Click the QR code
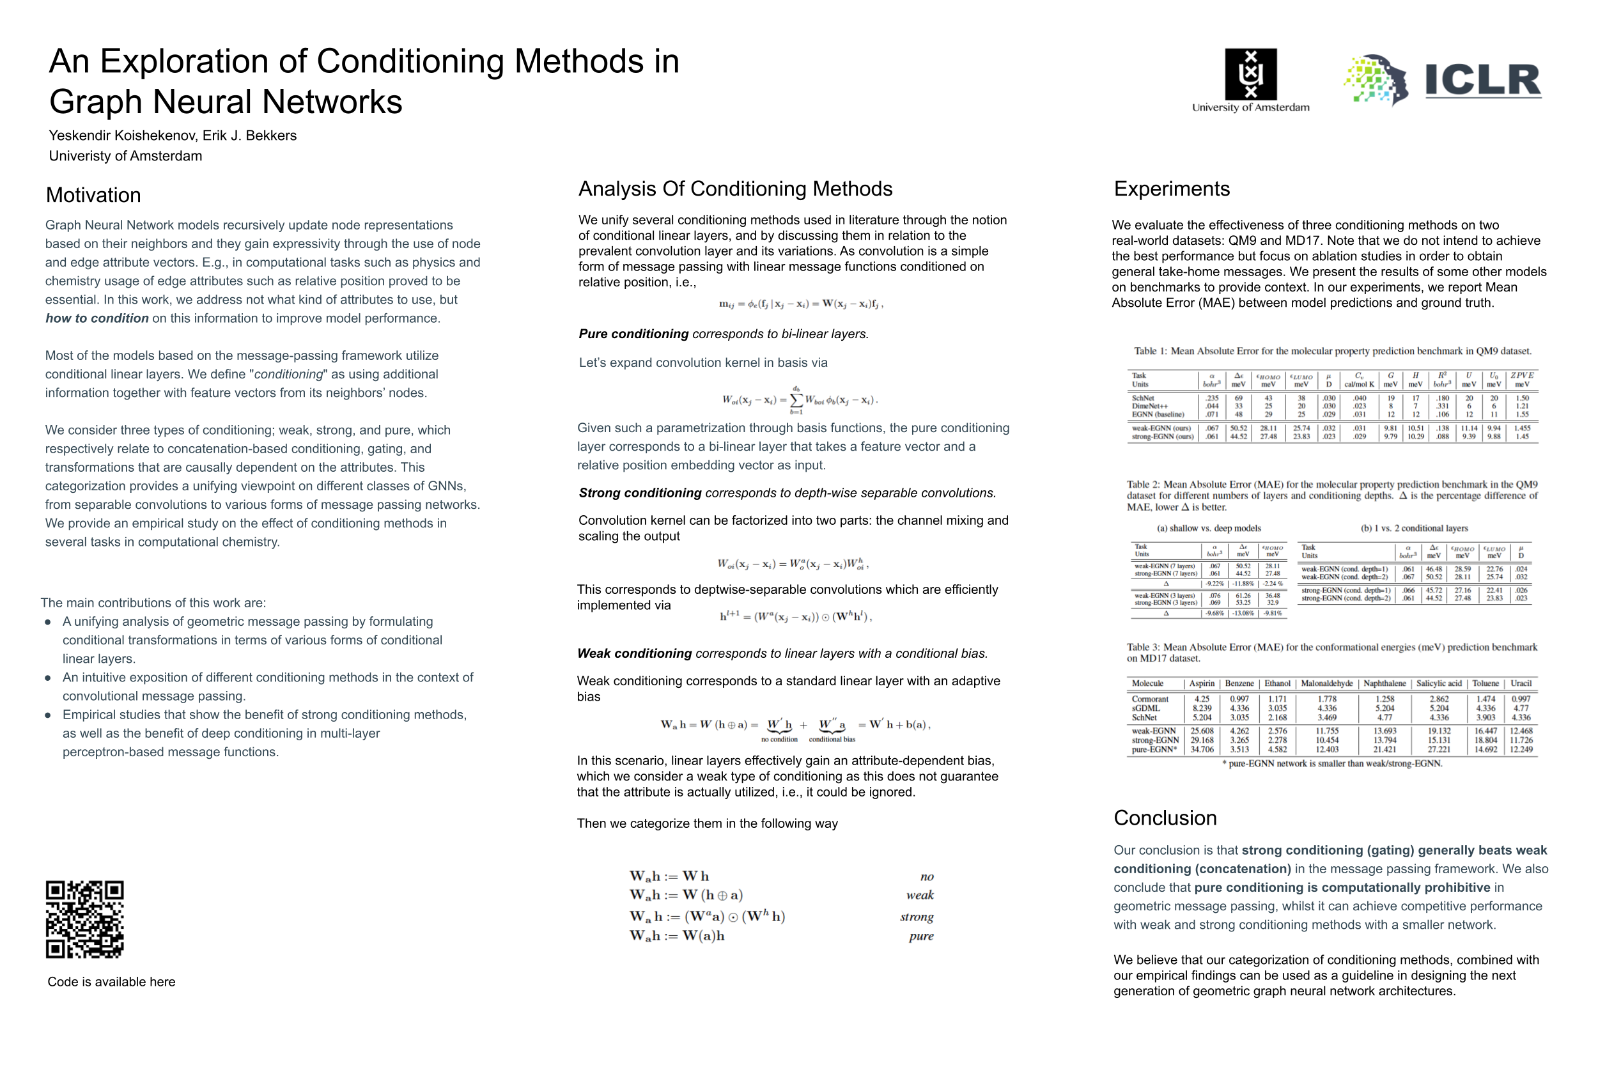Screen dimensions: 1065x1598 click(x=84, y=919)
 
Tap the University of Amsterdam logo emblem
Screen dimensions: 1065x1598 click(x=1250, y=74)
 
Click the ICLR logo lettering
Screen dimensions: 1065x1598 click(x=1482, y=80)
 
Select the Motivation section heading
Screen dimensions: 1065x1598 click(x=93, y=195)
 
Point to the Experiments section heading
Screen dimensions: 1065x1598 click(x=1172, y=188)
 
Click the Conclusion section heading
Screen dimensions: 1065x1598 click(x=1165, y=818)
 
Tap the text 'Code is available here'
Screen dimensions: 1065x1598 click(x=111, y=981)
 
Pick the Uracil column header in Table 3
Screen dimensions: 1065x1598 click(x=1521, y=683)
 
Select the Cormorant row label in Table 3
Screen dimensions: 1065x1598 click(x=1150, y=699)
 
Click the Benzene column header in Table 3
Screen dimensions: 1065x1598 click(x=1239, y=683)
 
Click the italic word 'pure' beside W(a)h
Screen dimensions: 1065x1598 click(x=921, y=936)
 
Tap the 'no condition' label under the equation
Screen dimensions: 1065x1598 click(x=779, y=739)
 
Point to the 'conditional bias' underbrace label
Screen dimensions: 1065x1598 click(x=832, y=739)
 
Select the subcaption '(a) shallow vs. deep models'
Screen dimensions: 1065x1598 click(x=1208, y=529)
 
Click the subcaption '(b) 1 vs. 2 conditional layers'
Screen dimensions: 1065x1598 click(x=1414, y=529)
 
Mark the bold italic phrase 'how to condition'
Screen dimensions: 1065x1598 click(x=97, y=318)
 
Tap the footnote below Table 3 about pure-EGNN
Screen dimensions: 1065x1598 click(x=1332, y=763)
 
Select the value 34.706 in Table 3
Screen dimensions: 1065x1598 click(x=1202, y=749)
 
